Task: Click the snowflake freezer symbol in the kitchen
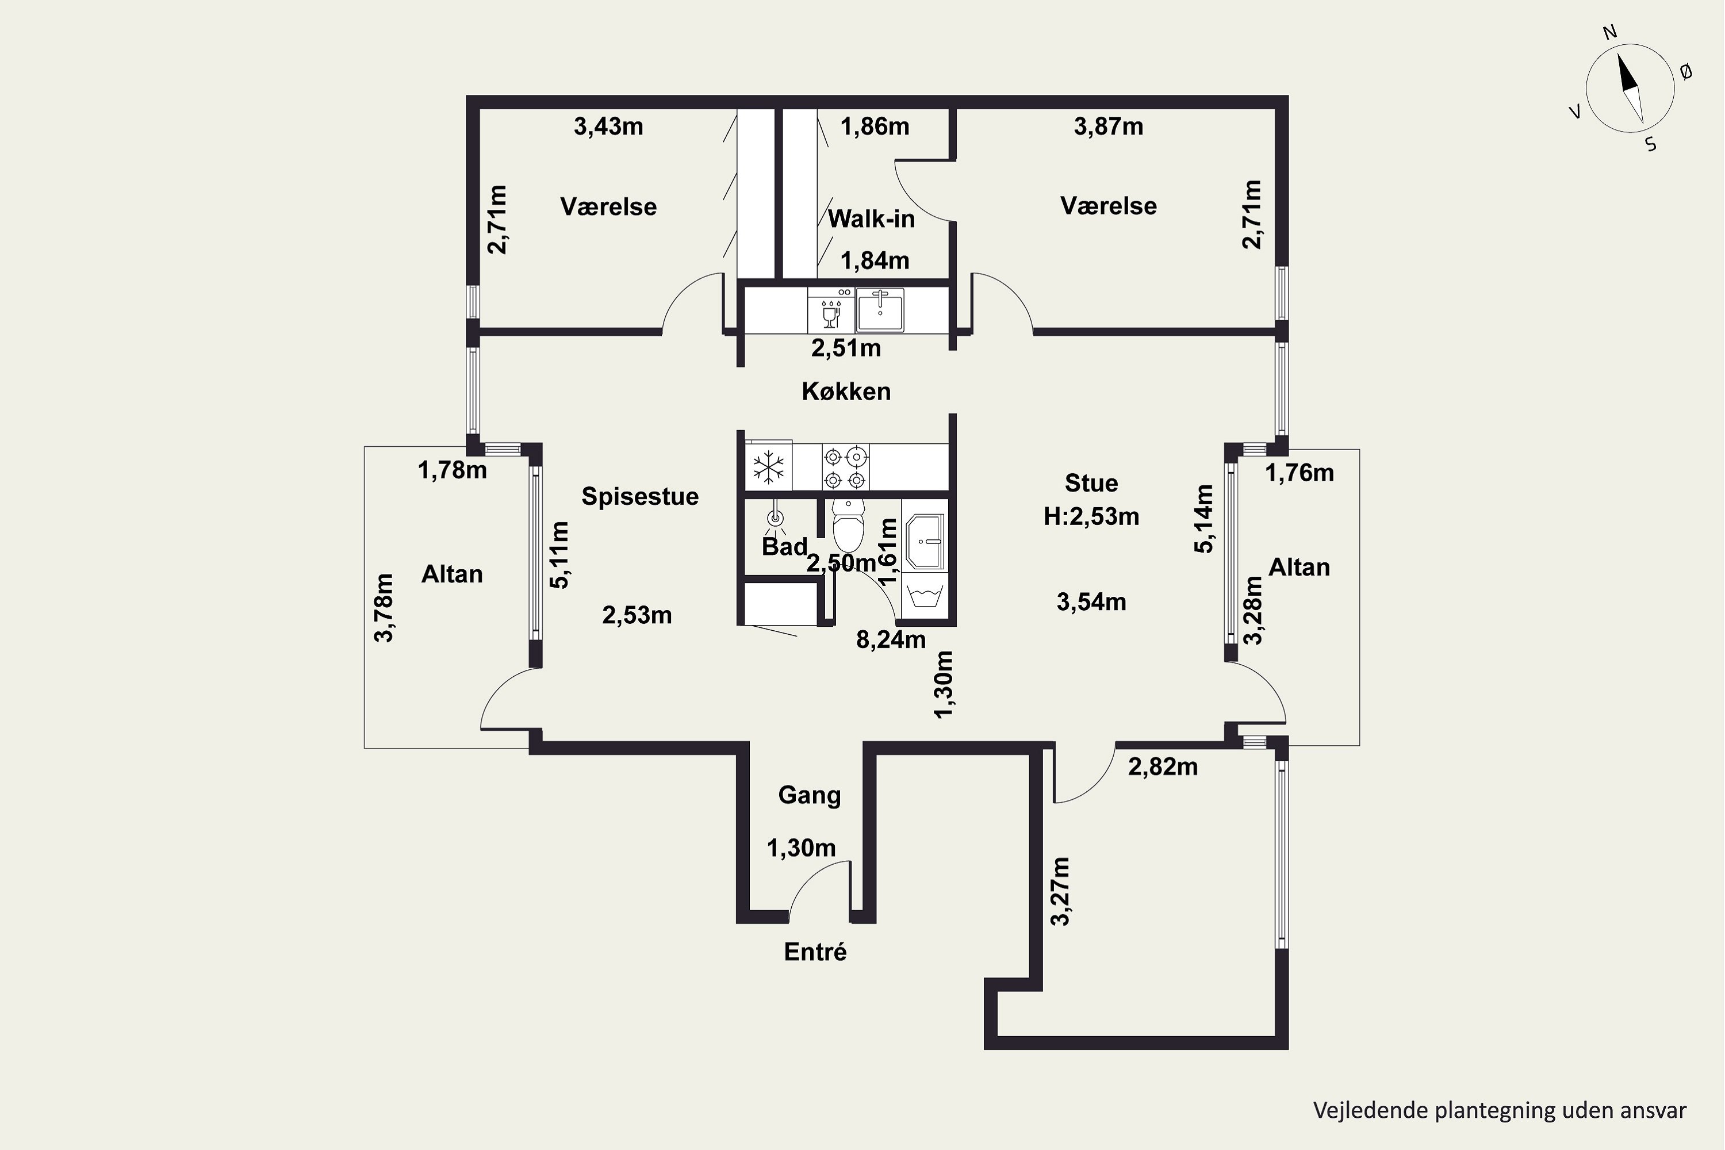(769, 467)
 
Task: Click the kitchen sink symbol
(880, 310)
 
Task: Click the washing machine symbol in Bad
(924, 595)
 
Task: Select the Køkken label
(846, 391)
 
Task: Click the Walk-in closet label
(871, 218)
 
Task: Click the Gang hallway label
(809, 795)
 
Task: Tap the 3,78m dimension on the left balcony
(384, 608)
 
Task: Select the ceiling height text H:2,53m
(1091, 516)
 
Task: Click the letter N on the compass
(1610, 52)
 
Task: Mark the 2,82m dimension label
(1163, 767)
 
